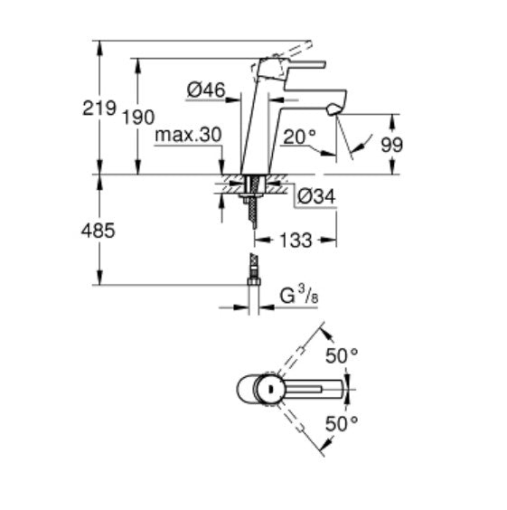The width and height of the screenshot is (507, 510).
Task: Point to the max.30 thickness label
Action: click(x=187, y=135)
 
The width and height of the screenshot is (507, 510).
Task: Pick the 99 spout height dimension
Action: click(x=392, y=144)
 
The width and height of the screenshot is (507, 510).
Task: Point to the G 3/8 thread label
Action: click(x=297, y=294)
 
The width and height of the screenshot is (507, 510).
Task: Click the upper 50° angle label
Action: click(x=341, y=356)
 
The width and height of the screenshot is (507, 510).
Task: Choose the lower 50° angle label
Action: click(x=341, y=421)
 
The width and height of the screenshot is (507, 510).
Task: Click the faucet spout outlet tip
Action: click(x=334, y=109)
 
